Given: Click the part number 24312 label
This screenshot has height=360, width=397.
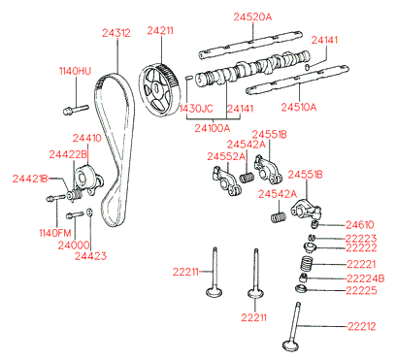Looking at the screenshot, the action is point(116,33).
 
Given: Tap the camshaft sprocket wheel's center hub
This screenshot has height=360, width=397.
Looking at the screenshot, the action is point(155,88).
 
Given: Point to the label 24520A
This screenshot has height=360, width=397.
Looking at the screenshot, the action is point(252,16).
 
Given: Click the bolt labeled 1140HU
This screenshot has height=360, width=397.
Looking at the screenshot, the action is point(76,109).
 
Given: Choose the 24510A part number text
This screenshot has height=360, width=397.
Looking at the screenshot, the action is point(299,107).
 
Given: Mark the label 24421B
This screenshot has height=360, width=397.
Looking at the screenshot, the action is point(30,179).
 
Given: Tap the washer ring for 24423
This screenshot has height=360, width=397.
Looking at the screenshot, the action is point(89,213).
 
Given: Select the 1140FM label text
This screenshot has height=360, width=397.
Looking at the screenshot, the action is point(54,233).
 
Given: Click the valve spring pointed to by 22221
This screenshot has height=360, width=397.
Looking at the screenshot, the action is point(306,264).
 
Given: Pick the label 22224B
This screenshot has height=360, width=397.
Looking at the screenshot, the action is point(365,278).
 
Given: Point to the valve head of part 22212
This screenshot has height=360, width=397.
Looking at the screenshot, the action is point(290,345).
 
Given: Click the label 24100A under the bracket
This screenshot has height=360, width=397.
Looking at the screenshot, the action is point(213,128).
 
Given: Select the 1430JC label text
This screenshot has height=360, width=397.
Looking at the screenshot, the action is point(196,109).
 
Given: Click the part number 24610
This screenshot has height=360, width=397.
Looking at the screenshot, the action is point(360,224).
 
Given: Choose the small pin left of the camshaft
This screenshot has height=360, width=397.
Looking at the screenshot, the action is point(189,78).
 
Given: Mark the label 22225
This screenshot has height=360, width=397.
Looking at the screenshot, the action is point(361,290).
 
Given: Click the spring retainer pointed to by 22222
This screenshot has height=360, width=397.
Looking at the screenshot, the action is point(310,248).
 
